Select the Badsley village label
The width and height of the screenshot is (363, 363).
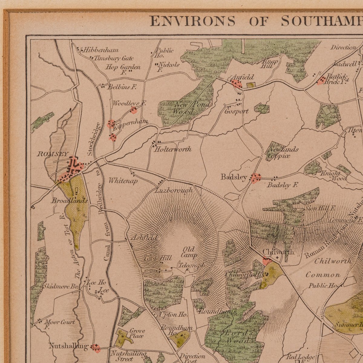click(234, 177)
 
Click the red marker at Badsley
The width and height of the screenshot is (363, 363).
click(256, 178)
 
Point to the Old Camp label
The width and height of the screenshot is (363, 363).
click(189, 252)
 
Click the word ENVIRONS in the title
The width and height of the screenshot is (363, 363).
click(193, 21)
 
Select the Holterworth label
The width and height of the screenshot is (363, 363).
click(173, 149)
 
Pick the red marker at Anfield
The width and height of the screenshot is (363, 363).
click(236, 83)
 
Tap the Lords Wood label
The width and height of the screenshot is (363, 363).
click(237, 336)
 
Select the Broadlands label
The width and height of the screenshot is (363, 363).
click(69, 201)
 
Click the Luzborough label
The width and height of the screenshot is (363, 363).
click(174, 190)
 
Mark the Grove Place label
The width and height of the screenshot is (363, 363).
click(137, 333)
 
